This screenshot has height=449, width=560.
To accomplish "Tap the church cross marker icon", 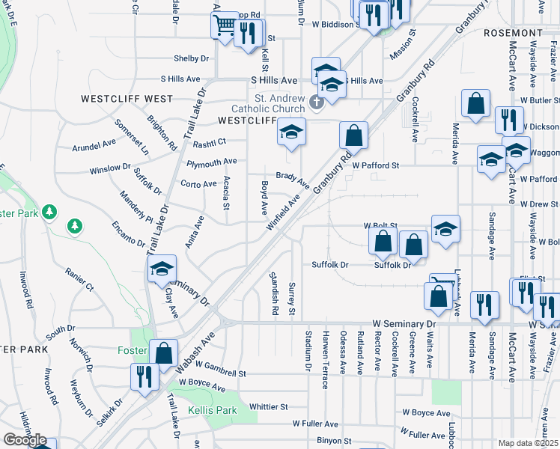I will (x=316, y=101).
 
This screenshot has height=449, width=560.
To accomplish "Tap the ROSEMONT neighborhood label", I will (x=512, y=34).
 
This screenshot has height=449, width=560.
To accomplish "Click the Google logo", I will (x=25, y=441).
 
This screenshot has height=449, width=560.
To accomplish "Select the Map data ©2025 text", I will (x=529, y=443).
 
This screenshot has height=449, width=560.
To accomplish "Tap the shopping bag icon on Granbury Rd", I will (x=353, y=136).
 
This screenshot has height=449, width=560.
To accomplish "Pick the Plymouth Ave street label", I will (x=212, y=161).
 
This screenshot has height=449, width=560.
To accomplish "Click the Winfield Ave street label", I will (x=283, y=212).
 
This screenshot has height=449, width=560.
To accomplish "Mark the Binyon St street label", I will (x=334, y=442).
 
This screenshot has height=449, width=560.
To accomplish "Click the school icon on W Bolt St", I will (x=445, y=229).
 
